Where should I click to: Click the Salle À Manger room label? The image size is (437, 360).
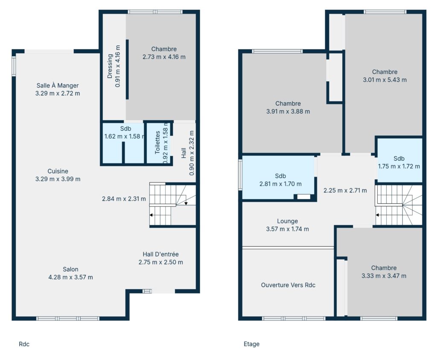click(x=58, y=86)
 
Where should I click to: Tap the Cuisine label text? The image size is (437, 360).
click(x=58, y=171)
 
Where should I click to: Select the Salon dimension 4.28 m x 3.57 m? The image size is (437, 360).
click(x=70, y=277)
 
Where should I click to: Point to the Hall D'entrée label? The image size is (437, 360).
click(x=160, y=254)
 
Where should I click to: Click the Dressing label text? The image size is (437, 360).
click(x=110, y=66)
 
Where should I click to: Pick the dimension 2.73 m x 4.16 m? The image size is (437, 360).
click(x=164, y=57)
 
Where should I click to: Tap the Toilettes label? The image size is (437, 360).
click(x=157, y=142)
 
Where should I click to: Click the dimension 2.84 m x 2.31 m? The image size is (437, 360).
click(x=124, y=199)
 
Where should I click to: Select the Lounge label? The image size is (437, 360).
click(x=287, y=221)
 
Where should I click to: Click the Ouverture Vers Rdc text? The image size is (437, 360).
click(x=288, y=285)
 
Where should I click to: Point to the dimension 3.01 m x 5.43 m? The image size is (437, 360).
click(x=385, y=80)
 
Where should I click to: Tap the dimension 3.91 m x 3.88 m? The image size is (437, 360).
click(x=288, y=111)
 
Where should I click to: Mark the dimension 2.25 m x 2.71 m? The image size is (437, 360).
click(x=345, y=191)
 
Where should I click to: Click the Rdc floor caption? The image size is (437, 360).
click(x=24, y=344)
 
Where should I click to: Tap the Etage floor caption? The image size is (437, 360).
click(x=251, y=344)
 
